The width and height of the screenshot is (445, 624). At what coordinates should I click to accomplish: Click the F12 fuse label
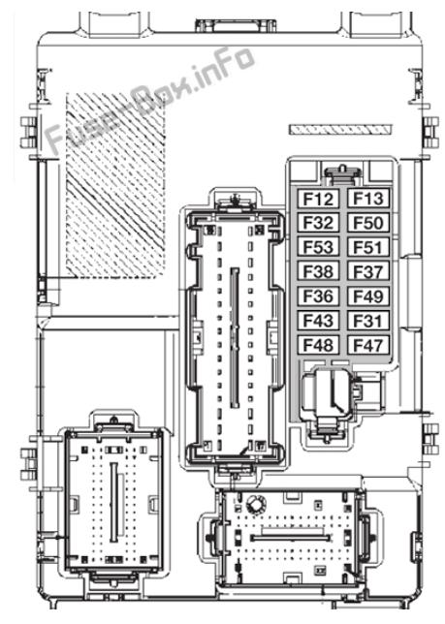point(318,199)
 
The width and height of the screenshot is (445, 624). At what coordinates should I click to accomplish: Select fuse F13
point(368,199)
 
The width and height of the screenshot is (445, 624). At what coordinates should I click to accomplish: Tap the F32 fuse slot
point(318,223)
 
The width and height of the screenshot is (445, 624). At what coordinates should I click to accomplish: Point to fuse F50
point(368,223)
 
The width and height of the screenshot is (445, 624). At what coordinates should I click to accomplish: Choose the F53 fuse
point(318,247)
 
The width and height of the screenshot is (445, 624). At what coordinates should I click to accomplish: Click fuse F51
point(368,247)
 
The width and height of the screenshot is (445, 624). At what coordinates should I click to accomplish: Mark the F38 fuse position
point(318,272)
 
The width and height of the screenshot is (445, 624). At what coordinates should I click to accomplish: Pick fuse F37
point(368,272)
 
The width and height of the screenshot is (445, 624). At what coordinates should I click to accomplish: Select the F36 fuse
point(318,296)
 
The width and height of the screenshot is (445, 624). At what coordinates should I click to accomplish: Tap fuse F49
point(368,296)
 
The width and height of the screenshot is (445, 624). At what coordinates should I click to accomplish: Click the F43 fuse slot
point(318,321)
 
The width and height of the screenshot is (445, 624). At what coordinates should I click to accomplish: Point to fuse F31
point(368,321)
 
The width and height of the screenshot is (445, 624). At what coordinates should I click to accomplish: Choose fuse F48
point(318,345)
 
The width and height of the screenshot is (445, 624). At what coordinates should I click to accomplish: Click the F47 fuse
point(368,345)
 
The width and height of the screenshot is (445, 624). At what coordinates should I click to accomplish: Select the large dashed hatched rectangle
point(115,185)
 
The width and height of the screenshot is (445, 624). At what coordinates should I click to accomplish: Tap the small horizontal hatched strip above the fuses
point(340,130)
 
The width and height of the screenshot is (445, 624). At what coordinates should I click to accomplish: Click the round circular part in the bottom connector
point(254,504)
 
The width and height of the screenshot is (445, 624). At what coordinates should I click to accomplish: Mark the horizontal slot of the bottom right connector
point(290,538)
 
